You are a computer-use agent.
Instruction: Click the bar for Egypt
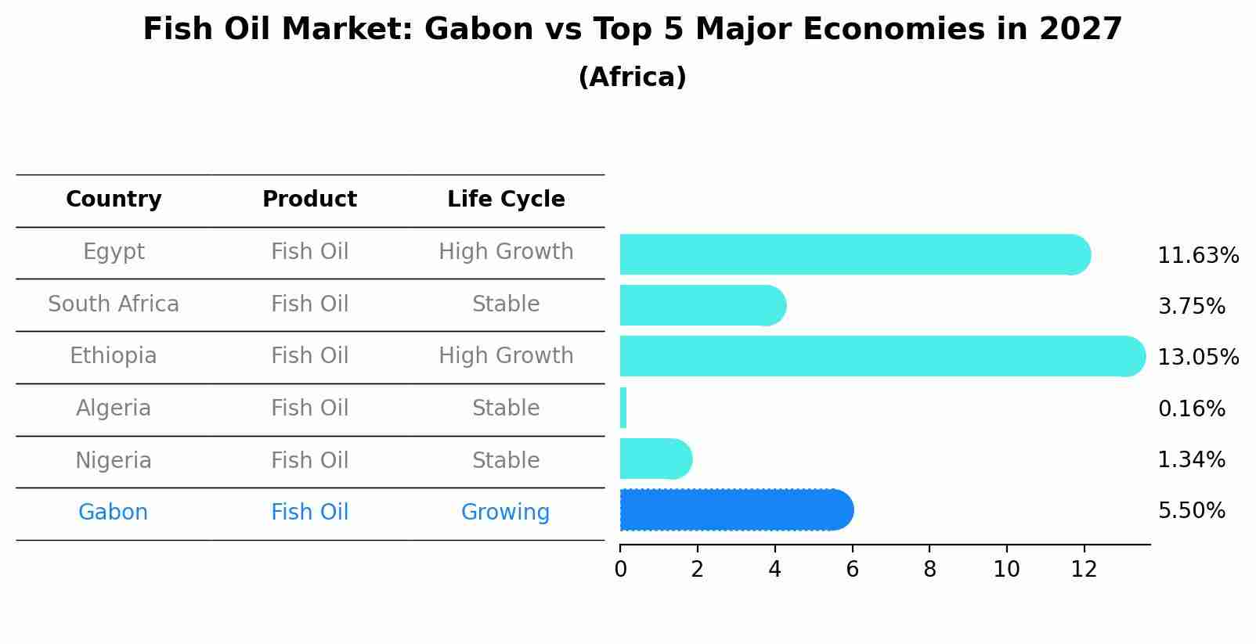click(x=855, y=254)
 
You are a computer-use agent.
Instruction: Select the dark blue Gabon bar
click(x=737, y=509)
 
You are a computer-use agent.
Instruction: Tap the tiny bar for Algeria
click(x=623, y=408)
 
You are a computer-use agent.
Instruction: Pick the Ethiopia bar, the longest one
click(x=882, y=356)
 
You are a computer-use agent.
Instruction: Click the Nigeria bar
click(x=656, y=459)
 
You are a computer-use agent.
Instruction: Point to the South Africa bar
click(x=703, y=305)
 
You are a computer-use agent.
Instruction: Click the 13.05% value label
click(x=1198, y=357)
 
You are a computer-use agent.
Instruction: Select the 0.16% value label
click(x=1192, y=408)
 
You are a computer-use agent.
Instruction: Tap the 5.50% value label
click(x=1192, y=511)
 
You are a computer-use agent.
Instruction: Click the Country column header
click(x=114, y=200)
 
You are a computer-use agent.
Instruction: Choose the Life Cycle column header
click(x=506, y=200)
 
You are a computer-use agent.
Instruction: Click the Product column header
click(x=309, y=199)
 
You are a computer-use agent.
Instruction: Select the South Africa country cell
click(x=114, y=304)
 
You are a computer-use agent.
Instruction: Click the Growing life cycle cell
click(x=505, y=513)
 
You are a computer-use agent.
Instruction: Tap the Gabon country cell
click(x=113, y=512)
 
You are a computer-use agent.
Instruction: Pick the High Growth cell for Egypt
click(x=506, y=252)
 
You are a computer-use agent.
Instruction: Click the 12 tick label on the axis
click(x=1084, y=569)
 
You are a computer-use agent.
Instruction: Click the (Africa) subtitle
click(x=632, y=77)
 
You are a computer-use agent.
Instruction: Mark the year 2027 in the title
click(x=1081, y=29)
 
